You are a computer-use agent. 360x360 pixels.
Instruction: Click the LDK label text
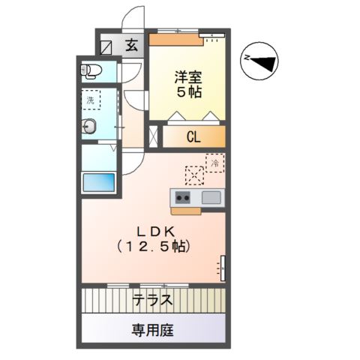152,230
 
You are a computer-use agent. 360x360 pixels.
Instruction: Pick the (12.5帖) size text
152,246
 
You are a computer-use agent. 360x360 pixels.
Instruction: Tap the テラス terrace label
153,301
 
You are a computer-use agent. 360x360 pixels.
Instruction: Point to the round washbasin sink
88,126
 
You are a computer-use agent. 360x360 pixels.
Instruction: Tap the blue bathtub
98,183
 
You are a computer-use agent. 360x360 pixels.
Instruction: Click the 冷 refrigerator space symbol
215,162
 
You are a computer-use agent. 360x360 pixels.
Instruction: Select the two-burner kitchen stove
183,198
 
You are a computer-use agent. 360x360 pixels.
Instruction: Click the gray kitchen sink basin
211,198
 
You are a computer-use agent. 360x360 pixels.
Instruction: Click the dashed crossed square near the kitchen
194,175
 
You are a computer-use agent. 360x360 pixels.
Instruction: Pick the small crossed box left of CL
154,136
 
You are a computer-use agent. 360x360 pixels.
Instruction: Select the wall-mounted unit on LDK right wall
222,266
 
